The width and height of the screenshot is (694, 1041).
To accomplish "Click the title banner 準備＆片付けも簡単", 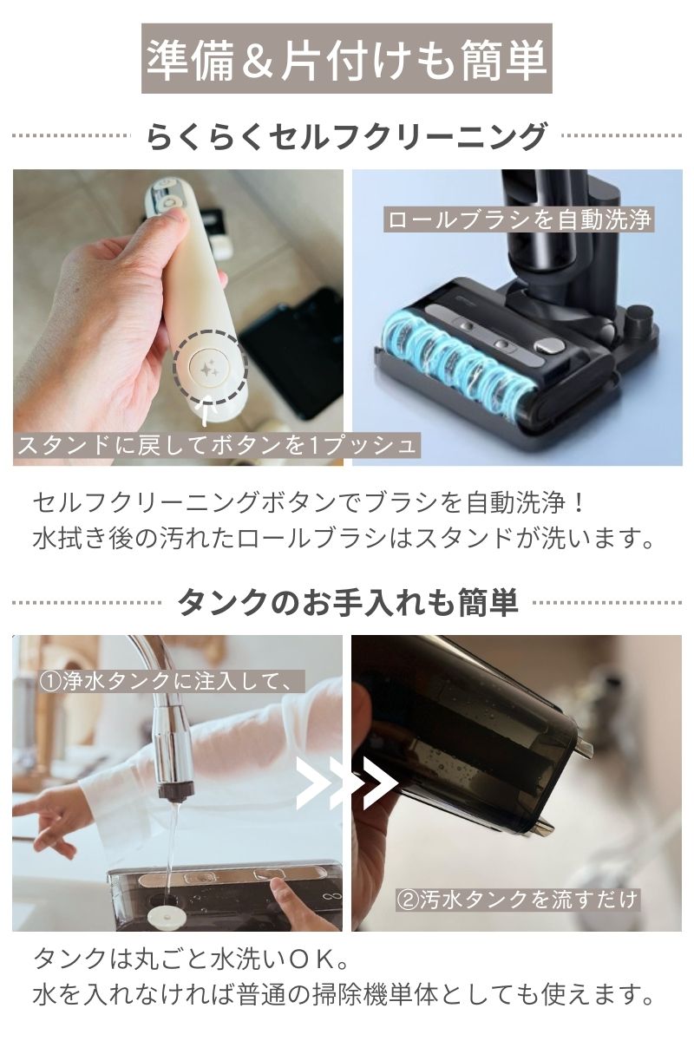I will click(347, 59).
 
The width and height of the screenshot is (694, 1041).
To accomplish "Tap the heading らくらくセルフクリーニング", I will click(347, 137).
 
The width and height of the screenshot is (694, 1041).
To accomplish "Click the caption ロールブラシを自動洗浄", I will click(519, 219).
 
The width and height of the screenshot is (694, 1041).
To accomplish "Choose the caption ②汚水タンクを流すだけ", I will click(518, 898).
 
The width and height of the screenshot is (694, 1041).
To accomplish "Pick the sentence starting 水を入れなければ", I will click(344, 994).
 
